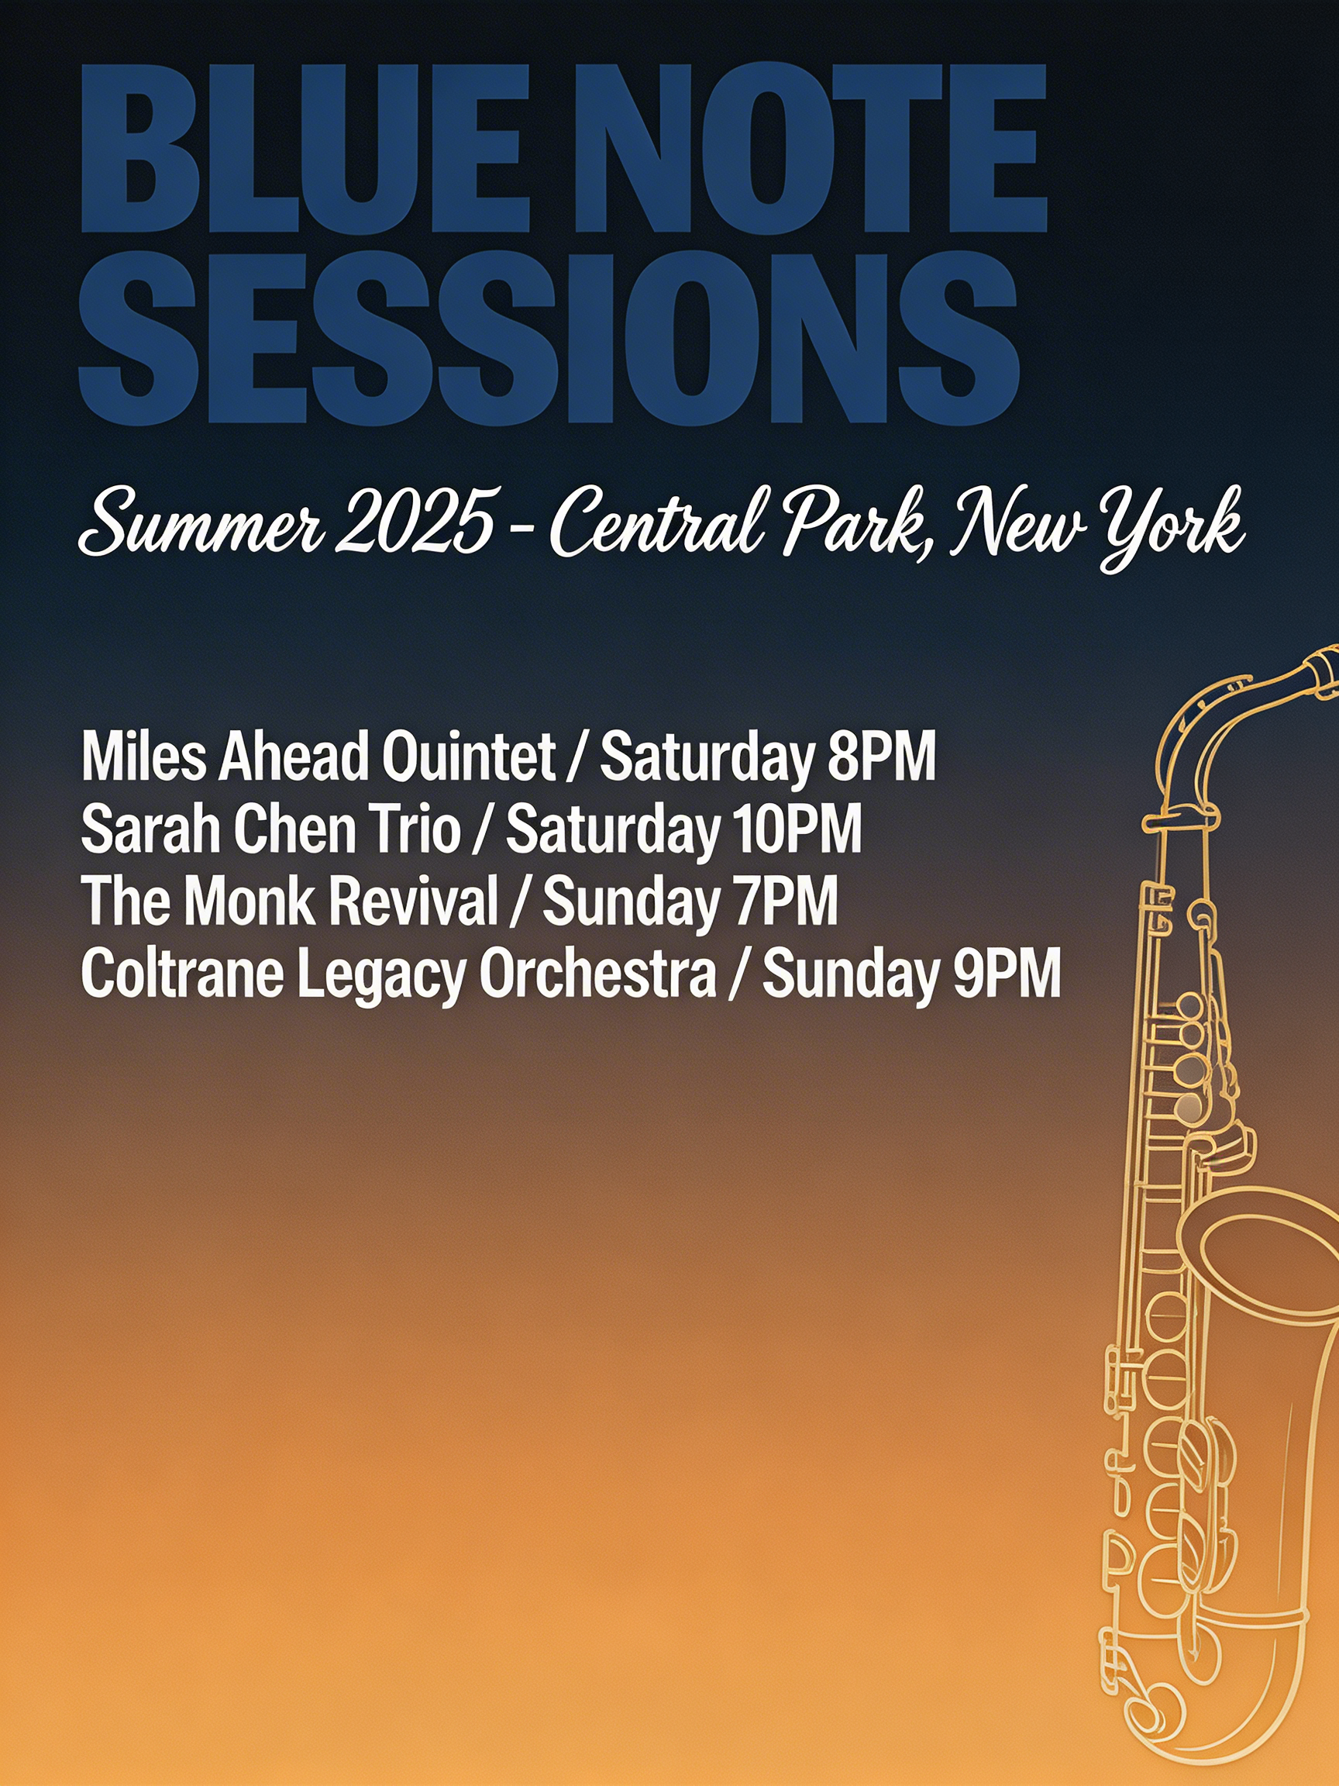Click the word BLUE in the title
coord(305,149)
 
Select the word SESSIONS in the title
coord(549,336)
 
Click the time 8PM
coord(882,757)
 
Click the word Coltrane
coord(182,974)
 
